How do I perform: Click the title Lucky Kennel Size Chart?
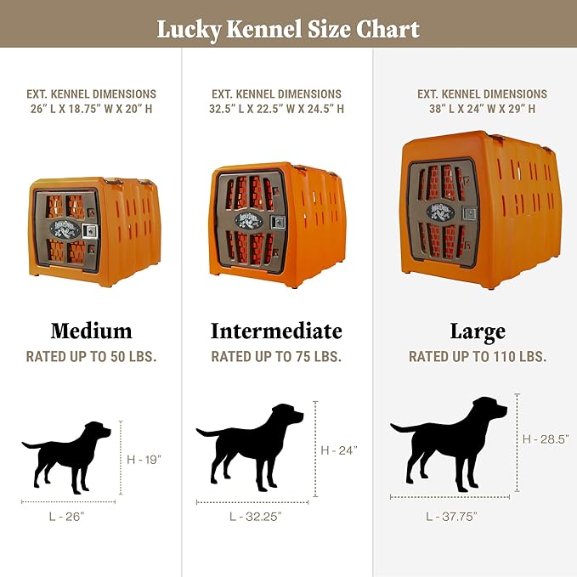[x=288, y=30]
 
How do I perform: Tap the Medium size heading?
[x=91, y=331]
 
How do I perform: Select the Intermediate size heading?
[x=276, y=331]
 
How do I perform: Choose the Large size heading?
[x=477, y=331]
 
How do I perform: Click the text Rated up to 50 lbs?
[x=91, y=356]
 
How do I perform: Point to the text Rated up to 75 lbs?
[x=276, y=356]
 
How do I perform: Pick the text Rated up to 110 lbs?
[x=477, y=357]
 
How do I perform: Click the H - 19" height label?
[x=144, y=459]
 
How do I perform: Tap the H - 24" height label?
[x=339, y=450]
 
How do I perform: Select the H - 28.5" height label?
[x=545, y=438]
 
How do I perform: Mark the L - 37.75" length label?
[x=451, y=516]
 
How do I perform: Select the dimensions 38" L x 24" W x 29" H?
[x=482, y=109]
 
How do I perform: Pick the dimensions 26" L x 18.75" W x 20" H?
[x=91, y=109]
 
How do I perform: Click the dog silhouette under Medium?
[x=67, y=455]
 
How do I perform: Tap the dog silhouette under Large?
[x=450, y=442]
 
